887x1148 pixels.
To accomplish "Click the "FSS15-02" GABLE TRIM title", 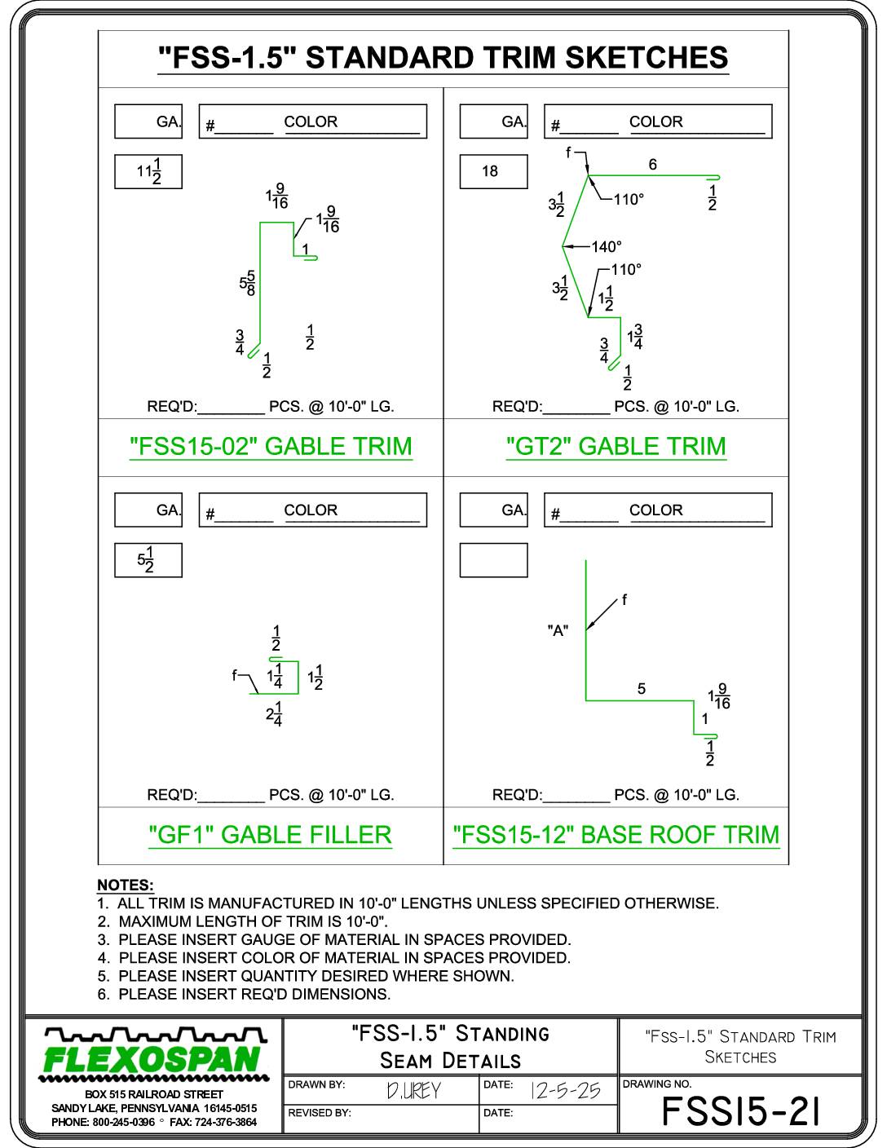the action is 271,447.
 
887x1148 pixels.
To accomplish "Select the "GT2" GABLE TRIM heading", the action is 616,447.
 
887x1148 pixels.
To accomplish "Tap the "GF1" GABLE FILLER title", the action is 270,835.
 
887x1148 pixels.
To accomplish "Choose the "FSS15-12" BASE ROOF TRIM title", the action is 616,835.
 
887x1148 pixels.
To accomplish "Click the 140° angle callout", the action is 606,247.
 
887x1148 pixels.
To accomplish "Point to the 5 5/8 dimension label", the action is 248,283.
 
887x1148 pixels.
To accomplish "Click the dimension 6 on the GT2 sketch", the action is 652,165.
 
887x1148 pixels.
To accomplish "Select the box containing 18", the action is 493,172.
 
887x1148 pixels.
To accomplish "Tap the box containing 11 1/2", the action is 148,172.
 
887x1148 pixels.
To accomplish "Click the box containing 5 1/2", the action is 148,560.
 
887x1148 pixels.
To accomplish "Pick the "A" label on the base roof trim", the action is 558,630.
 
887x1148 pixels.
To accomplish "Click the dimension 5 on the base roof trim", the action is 642,689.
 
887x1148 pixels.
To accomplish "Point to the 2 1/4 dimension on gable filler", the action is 274,714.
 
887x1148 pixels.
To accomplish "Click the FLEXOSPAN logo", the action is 154,1055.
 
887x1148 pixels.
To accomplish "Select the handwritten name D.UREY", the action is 413,1090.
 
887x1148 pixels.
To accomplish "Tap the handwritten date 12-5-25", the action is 565,1090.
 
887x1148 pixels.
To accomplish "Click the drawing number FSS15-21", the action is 741,1111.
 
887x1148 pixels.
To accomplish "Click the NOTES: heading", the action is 126,885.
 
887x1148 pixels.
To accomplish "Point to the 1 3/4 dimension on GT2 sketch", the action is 635,337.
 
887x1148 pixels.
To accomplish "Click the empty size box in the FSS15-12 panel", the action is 493,560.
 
